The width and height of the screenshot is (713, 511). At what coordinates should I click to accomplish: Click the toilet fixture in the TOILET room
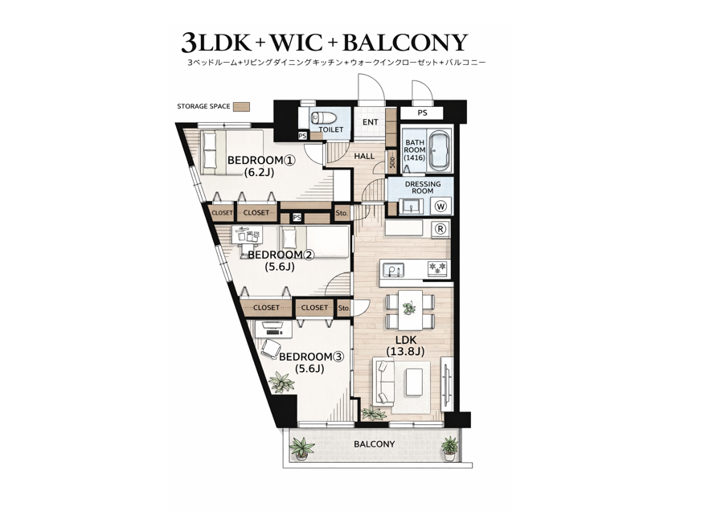click(x=323, y=118)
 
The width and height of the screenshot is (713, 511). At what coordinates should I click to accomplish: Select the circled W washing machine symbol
click(x=441, y=206)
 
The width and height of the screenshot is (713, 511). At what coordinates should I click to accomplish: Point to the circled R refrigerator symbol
click(x=441, y=229)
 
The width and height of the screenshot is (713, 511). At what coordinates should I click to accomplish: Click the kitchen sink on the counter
click(x=393, y=270)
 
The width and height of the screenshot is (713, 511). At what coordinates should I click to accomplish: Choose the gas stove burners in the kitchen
click(x=437, y=268)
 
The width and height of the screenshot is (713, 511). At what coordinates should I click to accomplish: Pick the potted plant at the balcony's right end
click(x=449, y=448)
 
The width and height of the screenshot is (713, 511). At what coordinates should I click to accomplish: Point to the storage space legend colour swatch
click(x=241, y=106)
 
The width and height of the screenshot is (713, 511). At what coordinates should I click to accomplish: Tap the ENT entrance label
click(x=370, y=122)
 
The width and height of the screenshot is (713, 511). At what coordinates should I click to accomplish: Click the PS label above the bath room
click(x=423, y=112)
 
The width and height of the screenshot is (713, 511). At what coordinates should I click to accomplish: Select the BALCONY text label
click(x=375, y=444)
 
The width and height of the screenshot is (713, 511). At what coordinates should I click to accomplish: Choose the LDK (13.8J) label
click(x=405, y=345)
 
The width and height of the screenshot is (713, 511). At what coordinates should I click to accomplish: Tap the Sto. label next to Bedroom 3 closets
click(x=344, y=309)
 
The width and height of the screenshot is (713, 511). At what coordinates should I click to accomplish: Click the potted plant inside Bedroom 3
click(x=281, y=382)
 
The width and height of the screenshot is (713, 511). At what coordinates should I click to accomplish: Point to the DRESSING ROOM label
click(x=423, y=187)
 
